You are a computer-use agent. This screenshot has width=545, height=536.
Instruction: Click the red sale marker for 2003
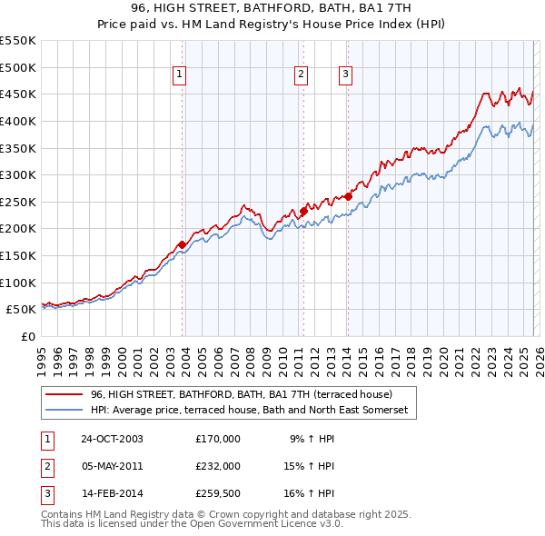(183, 244)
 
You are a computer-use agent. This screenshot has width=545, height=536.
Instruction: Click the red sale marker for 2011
(303, 211)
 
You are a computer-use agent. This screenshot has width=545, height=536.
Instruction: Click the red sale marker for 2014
(348, 196)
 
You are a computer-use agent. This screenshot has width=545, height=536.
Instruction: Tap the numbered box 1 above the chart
(180, 75)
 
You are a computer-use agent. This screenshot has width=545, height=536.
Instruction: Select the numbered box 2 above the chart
(301, 75)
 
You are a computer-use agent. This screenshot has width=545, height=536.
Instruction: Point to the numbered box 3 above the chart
(346, 75)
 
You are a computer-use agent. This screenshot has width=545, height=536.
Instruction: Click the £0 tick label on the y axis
(27, 336)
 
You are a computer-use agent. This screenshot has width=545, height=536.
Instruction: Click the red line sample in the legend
(64, 394)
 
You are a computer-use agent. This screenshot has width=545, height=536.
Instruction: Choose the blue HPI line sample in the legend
(64, 411)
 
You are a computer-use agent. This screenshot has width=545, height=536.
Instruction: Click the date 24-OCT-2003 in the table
(112, 439)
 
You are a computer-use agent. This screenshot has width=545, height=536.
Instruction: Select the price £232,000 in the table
(217, 466)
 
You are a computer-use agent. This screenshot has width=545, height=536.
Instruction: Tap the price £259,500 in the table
(217, 493)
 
